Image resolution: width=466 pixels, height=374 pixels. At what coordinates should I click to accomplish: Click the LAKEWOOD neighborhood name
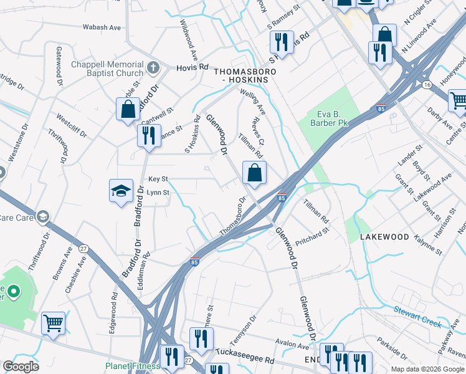point(384,237)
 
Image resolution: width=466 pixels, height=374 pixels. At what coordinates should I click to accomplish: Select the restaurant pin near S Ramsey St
point(282,42)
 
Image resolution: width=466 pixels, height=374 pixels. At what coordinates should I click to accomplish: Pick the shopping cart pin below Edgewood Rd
point(53,324)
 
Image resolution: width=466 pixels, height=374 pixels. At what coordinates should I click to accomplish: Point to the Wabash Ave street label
point(102,27)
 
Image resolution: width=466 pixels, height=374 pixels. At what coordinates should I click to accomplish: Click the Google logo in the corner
point(21,367)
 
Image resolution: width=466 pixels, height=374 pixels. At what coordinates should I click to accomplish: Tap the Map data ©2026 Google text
point(427,369)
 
